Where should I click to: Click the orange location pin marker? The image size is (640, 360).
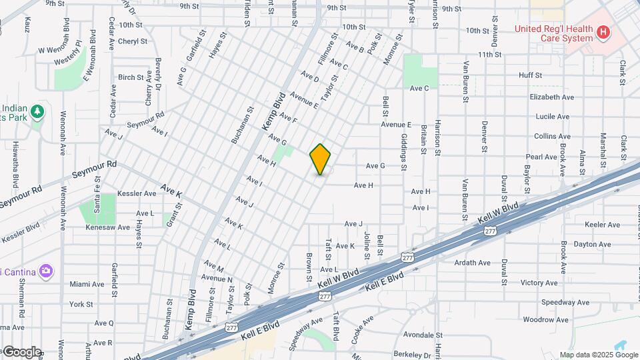(x=321, y=159)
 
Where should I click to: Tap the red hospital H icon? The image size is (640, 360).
(x=603, y=31)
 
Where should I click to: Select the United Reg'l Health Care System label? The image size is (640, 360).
(x=553, y=33)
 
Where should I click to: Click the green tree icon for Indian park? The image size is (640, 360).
(x=37, y=111)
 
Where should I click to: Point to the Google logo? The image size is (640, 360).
(x=21, y=351)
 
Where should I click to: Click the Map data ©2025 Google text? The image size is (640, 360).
(x=598, y=355)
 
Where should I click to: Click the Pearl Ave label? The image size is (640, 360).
(x=542, y=157)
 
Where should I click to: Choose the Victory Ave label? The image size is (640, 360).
(x=539, y=283)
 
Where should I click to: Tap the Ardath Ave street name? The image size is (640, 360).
(x=472, y=263)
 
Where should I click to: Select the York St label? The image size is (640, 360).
(x=81, y=304)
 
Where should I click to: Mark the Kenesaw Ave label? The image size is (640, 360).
(x=108, y=227)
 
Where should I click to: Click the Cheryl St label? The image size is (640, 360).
(x=132, y=41)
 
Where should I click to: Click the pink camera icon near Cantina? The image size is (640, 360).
(x=45, y=271)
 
